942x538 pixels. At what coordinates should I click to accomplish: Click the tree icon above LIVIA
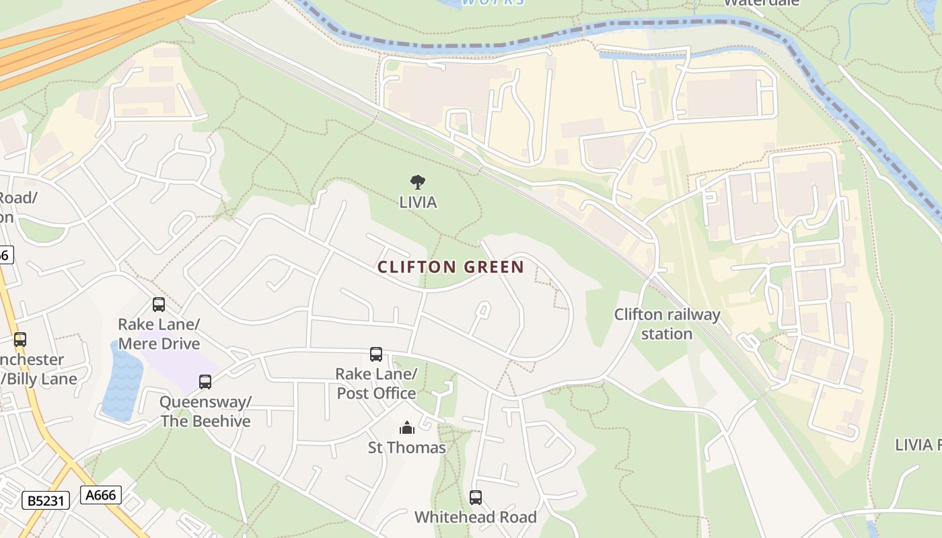tap(418, 182)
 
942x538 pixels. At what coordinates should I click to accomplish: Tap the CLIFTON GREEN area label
tap(451, 267)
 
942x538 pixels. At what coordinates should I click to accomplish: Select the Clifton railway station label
tap(667, 323)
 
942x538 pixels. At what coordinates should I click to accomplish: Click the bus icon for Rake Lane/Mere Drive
tap(159, 305)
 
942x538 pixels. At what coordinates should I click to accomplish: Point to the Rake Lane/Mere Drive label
tap(159, 334)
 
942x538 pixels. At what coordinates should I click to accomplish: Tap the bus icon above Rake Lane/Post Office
tap(376, 354)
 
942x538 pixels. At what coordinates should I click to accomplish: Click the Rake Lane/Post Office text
tap(376, 383)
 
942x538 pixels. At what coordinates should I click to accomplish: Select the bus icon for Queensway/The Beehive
tap(205, 382)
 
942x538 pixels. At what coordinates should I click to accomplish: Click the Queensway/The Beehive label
tap(205, 412)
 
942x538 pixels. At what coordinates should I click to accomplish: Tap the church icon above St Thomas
tap(407, 428)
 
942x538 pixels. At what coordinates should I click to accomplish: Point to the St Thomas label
tap(407, 447)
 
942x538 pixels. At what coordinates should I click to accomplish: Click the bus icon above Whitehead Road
tap(476, 498)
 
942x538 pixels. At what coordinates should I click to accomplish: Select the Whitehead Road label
tap(476, 517)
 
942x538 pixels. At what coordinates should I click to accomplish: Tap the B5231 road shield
tap(45, 500)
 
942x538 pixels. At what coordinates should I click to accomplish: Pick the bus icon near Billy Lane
tap(20, 340)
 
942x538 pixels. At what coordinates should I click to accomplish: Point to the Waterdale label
tap(762, 3)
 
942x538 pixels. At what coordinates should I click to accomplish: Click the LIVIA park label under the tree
tap(418, 202)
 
